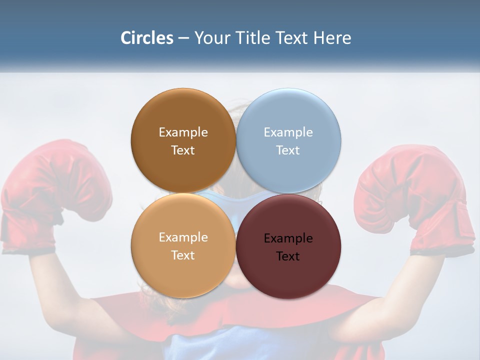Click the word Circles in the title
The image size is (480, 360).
pyautogui.click(x=146, y=38)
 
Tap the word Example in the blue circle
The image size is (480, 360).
pyautogui.click(x=288, y=132)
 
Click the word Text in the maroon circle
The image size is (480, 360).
pyautogui.click(x=288, y=256)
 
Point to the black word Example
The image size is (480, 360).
pyautogui.click(x=288, y=238)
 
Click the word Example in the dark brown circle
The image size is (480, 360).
pyautogui.click(x=183, y=132)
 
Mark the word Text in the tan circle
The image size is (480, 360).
pyautogui.click(x=183, y=255)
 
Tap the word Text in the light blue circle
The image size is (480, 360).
pyautogui.click(x=288, y=150)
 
